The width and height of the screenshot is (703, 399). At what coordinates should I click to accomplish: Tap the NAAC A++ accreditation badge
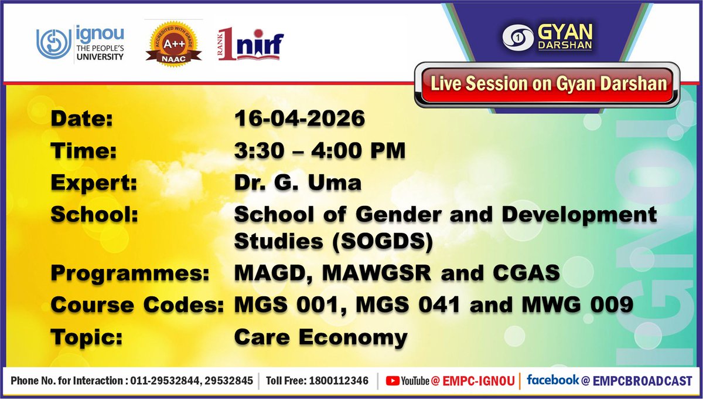[173, 42]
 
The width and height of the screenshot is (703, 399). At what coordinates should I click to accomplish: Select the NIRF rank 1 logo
[251, 44]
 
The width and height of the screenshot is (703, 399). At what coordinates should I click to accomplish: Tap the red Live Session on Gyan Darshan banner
[549, 83]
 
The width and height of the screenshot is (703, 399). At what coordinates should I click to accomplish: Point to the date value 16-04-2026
[299, 119]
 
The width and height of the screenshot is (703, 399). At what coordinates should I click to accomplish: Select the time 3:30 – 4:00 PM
[320, 151]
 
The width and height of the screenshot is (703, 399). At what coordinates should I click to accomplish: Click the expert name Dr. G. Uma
[298, 183]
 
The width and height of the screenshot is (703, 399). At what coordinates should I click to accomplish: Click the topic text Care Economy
[320, 337]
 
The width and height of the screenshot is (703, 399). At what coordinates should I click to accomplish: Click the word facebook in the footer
[553, 380]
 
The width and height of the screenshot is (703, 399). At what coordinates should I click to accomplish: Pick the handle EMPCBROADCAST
[643, 381]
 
